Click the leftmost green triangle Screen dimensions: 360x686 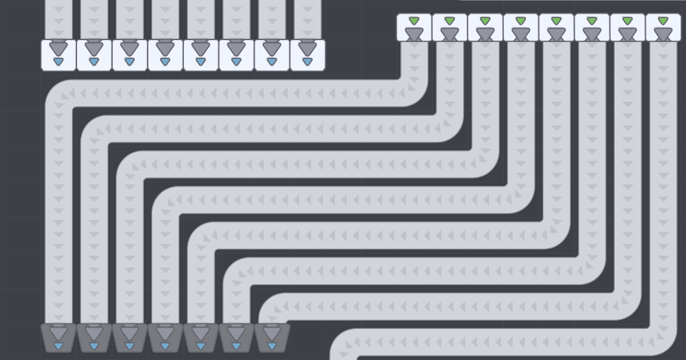point(414,21)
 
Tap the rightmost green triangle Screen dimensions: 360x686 point(663,21)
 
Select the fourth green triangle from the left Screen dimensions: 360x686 point(521,21)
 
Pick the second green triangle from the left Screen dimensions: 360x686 point(450,21)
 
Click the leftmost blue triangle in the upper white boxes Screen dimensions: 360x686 point(58,62)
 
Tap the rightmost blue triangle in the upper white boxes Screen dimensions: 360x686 point(307,62)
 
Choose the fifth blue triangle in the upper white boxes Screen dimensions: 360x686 point(201,62)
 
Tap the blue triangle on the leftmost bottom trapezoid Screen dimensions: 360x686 point(58,346)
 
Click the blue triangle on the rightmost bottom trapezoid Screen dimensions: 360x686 point(272,346)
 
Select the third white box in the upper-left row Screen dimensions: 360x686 point(130,55)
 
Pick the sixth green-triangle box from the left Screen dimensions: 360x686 point(592,27)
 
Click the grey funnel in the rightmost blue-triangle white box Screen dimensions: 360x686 point(307,48)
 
